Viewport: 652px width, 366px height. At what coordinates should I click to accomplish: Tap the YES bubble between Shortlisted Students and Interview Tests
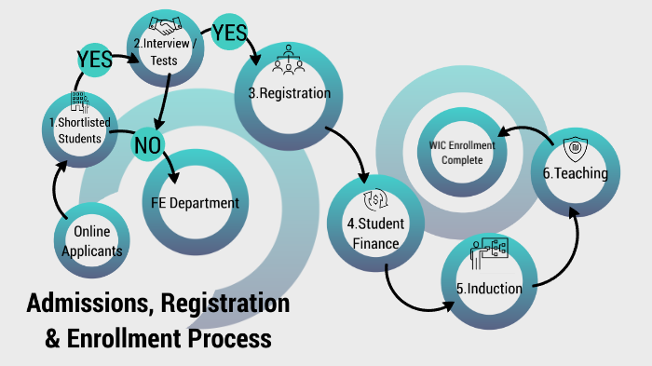[95, 60]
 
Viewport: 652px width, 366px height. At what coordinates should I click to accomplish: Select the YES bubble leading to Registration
[229, 34]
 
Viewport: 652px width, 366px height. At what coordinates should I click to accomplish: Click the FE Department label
[195, 203]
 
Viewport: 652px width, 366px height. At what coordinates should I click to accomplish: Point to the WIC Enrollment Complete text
[462, 152]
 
